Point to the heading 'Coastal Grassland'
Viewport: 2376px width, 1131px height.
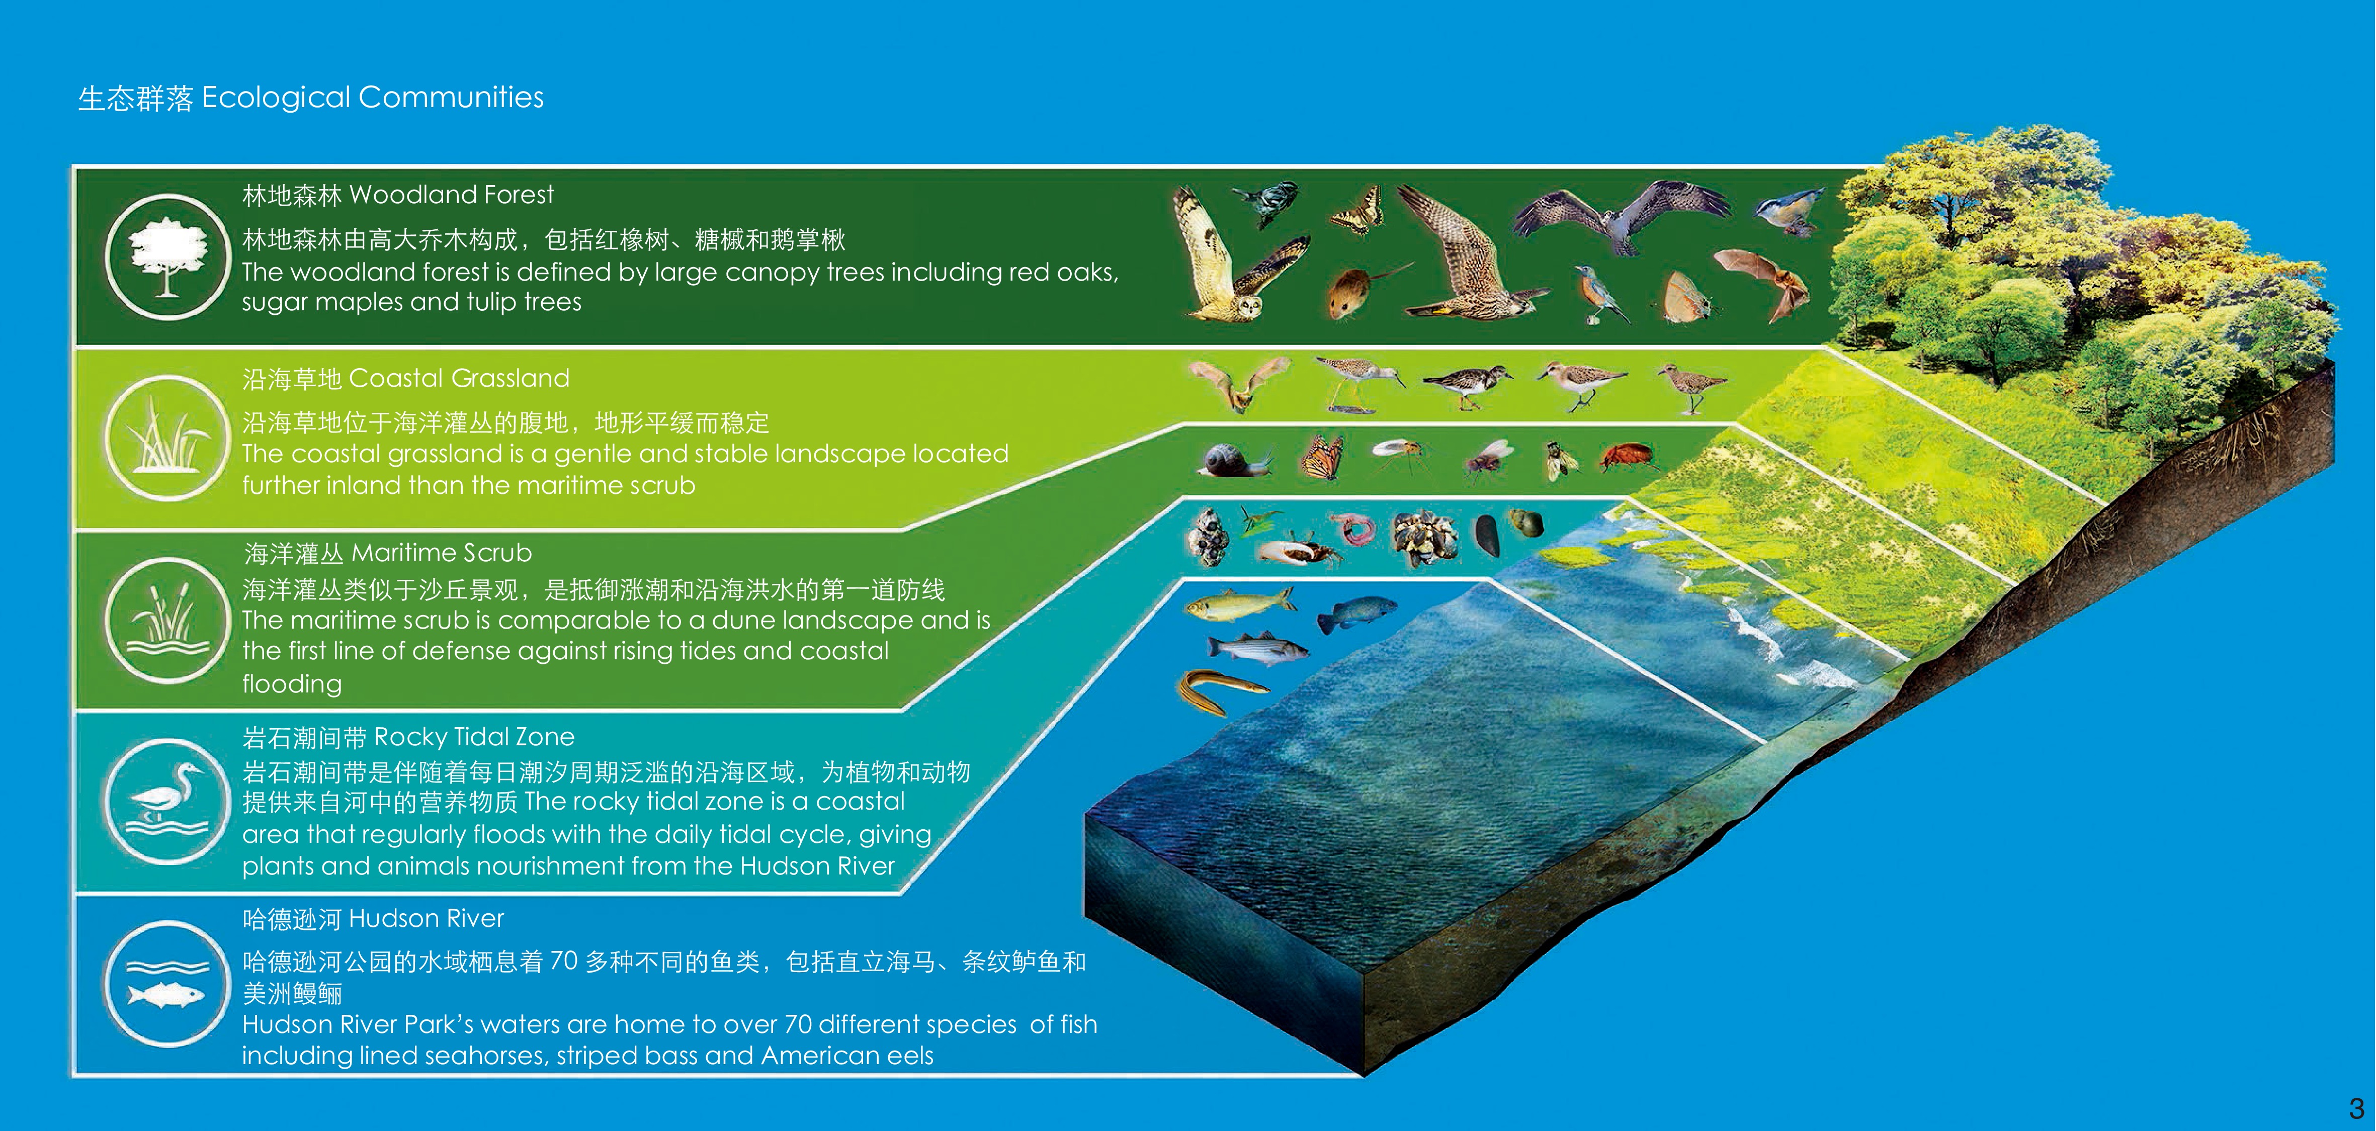[459, 378]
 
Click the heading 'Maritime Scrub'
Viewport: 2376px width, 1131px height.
[442, 553]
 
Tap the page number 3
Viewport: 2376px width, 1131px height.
[2356, 1108]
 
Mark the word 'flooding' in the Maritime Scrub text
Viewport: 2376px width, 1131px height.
[291, 683]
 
